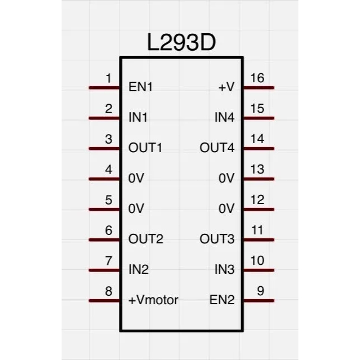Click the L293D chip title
tap(181, 43)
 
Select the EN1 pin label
tap(141, 87)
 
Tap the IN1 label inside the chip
tap(139, 118)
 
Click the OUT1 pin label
tap(145, 148)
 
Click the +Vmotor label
tap(153, 300)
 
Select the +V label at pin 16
tap(226, 87)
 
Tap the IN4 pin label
tap(224, 118)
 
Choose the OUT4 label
tap(217, 148)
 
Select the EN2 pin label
tap(222, 300)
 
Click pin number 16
tap(257, 78)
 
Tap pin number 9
tap(260, 291)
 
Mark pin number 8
tap(109, 291)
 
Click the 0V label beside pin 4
tap(136, 179)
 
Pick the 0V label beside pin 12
tap(226, 209)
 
